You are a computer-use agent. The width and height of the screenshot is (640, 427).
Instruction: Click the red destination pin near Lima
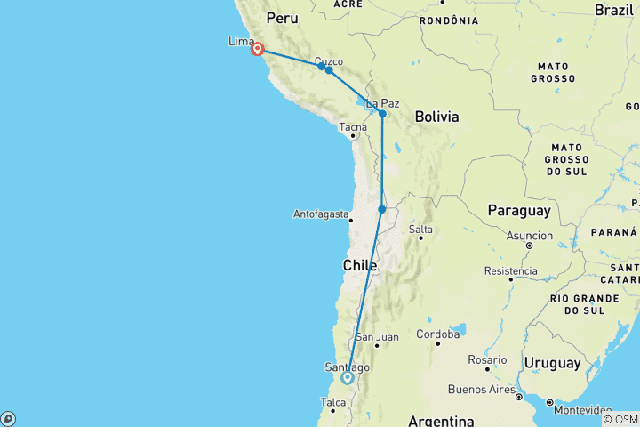point(257,49)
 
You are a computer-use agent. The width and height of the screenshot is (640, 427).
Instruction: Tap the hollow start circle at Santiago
point(348,377)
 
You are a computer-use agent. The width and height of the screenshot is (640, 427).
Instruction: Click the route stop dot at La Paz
point(382,114)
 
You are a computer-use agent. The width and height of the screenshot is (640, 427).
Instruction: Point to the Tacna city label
point(352,127)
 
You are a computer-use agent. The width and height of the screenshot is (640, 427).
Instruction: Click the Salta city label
point(420,230)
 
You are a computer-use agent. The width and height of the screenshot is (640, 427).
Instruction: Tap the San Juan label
point(376,337)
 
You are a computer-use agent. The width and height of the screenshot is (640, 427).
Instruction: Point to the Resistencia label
point(511,270)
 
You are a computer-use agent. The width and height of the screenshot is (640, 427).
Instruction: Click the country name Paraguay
point(518,211)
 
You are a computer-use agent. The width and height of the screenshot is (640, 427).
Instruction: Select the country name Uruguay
point(553,363)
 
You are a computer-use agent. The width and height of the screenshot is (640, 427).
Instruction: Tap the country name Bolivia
point(436,117)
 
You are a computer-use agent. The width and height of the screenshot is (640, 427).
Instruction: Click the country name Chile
point(360,265)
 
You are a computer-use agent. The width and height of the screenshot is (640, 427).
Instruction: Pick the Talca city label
point(332,403)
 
